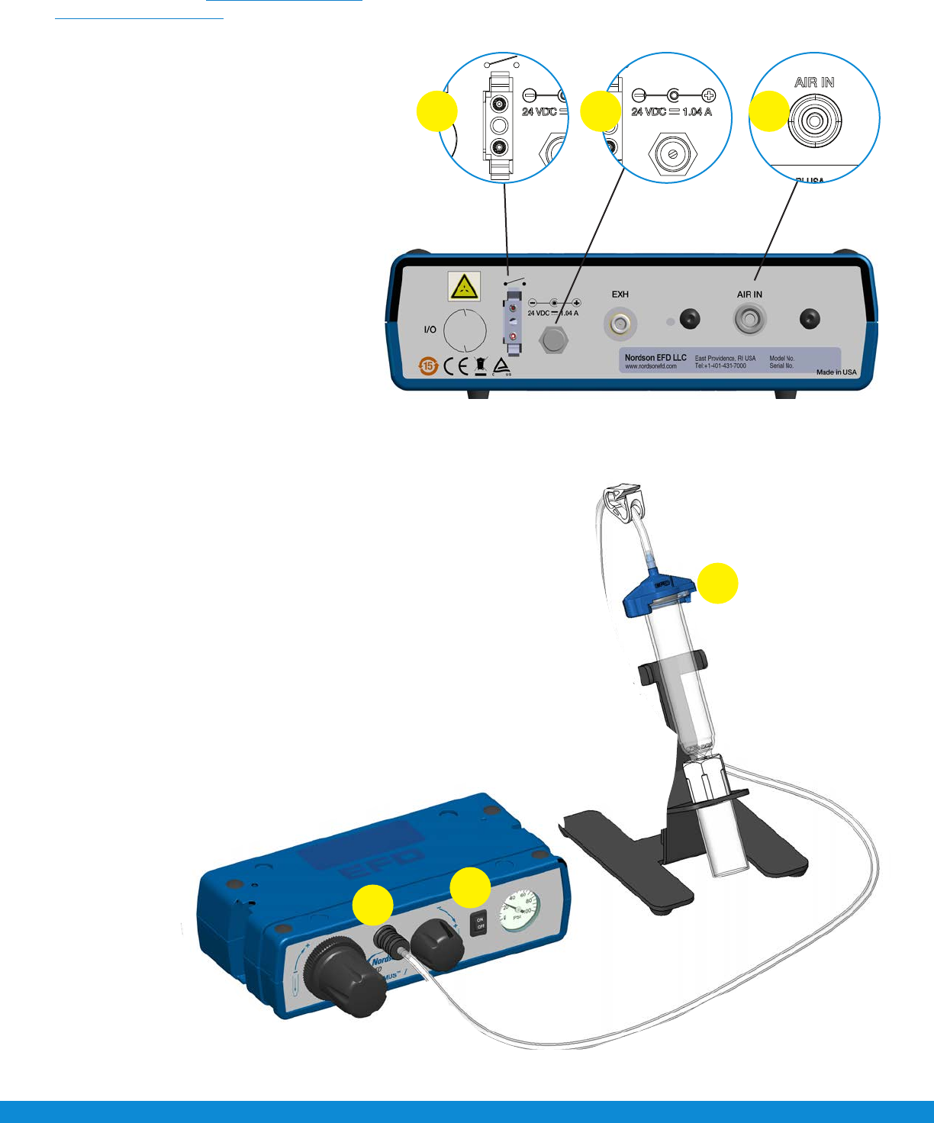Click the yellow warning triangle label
coord(464,288)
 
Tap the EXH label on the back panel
coord(620,294)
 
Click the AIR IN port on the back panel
coord(749,320)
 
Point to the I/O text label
coord(430,330)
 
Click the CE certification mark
coord(456,367)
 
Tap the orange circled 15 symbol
coord(428,367)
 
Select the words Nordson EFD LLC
coord(655,357)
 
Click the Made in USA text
coord(836,372)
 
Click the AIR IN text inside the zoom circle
coord(814,82)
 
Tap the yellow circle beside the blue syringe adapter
coord(718,584)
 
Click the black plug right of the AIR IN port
coord(809,320)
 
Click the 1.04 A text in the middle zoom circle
coord(697,111)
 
